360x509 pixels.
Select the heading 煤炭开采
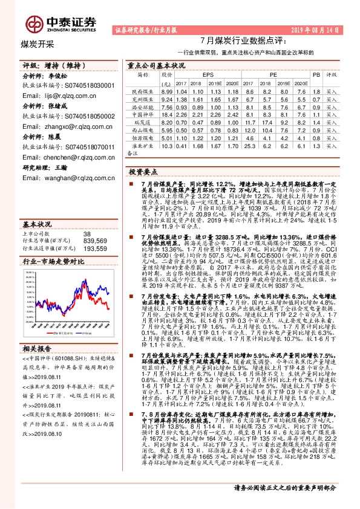pyautogui.click(x=38, y=44)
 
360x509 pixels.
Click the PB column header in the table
pyautogui.click(x=316, y=74)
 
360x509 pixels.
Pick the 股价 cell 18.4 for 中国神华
pyautogui.click(x=167, y=114)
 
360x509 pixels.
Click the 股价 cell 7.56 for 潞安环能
pyautogui.click(x=167, y=106)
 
